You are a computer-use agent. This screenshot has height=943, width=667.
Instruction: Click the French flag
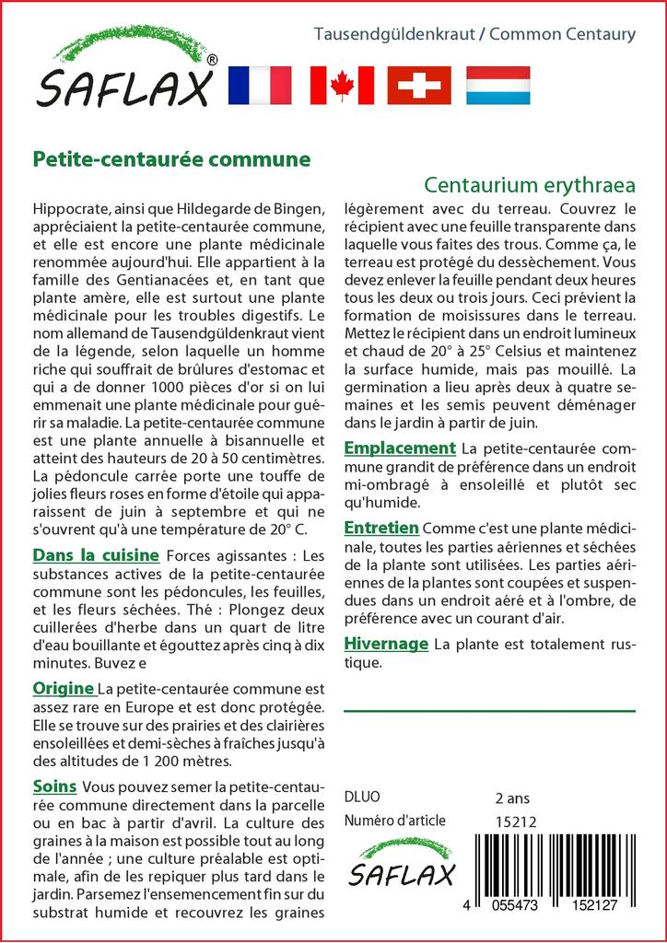click(258, 85)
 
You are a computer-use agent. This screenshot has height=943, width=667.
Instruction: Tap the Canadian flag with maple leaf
click(342, 85)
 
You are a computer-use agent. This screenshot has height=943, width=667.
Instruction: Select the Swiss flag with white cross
click(419, 85)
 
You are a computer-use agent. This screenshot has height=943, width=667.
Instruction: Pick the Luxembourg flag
click(497, 85)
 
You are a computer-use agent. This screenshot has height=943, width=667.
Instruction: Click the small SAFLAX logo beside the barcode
click(403, 865)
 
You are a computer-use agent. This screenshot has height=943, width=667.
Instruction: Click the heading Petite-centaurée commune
click(171, 158)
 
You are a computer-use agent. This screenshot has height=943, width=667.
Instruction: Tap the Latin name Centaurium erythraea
click(530, 183)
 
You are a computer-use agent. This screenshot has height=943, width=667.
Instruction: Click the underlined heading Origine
click(64, 688)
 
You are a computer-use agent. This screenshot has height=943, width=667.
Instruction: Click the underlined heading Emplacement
click(400, 448)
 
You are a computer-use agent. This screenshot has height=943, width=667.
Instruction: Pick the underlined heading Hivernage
click(386, 644)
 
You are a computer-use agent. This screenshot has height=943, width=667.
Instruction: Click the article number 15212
click(516, 821)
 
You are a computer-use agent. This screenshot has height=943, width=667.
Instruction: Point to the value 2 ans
click(512, 797)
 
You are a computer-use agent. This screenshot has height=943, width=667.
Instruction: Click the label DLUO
click(361, 797)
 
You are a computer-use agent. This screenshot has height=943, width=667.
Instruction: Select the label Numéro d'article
click(394, 821)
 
